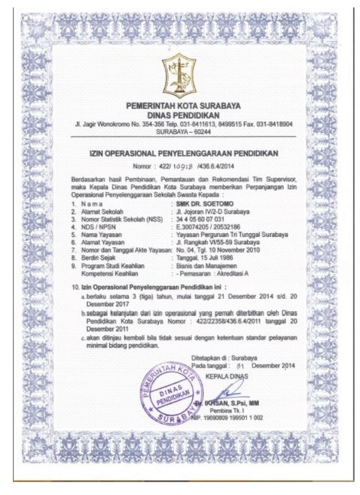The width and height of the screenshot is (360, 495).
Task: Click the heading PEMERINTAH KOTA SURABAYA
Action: click(x=180, y=106)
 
